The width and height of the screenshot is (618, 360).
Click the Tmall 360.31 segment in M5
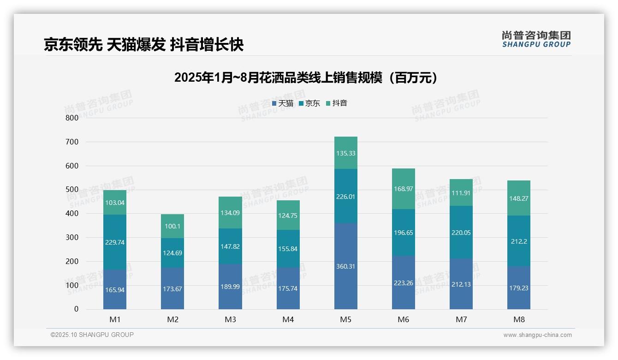(345, 266)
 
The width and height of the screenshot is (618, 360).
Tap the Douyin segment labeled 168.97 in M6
(404, 189)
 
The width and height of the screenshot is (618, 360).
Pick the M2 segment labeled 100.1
(172, 226)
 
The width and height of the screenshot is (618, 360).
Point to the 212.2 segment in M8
(519, 241)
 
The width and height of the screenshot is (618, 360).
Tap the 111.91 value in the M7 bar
(461, 193)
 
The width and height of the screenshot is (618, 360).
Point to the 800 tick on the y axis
(72, 118)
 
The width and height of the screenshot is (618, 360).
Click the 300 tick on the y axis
(72, 238)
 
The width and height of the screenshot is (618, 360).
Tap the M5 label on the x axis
(345, 319)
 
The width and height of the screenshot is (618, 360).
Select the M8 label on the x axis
(519, 319)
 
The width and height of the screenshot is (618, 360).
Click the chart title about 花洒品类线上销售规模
(306, 78)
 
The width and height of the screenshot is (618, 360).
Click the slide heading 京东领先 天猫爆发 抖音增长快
(143, 45)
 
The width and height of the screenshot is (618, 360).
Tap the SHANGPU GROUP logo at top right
(536, 39)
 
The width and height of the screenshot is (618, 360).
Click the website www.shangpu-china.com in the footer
(537, 335)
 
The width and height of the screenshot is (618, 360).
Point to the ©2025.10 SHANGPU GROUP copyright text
(92, 335)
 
